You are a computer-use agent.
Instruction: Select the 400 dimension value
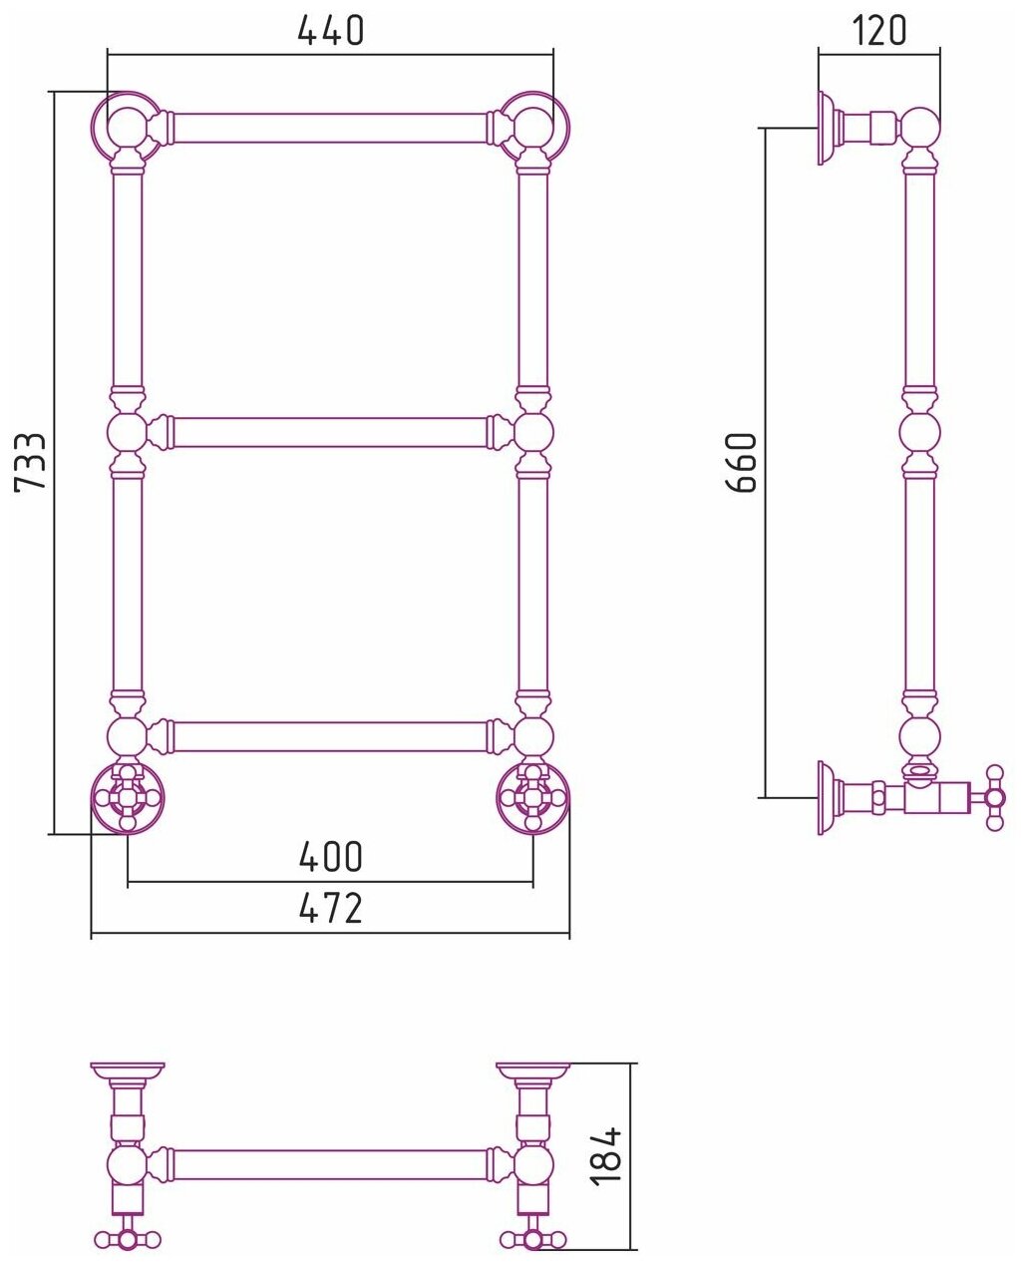click(330, 857)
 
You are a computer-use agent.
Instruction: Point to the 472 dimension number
click(330, 909)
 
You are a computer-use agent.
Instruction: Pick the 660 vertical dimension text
click(742, 463)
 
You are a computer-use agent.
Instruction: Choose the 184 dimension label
click(605, 1156)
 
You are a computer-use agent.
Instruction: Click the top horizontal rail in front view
click(330, 128)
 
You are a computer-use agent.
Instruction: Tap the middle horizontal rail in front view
click(330, 433)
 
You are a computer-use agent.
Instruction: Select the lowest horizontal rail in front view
click(330, 737)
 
